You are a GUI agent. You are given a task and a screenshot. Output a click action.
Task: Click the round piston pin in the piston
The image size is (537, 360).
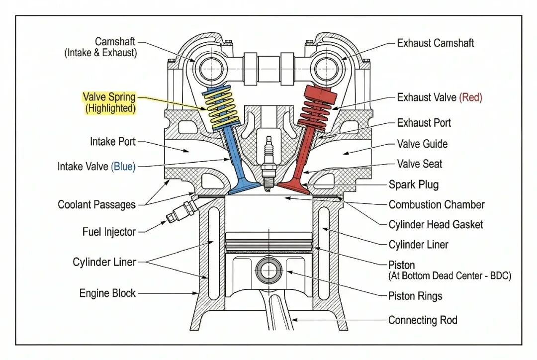point(269,270)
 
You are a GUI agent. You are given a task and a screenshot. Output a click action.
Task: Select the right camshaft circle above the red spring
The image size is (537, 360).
point(328,67)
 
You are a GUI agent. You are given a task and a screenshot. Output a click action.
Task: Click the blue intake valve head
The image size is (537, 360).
point(244,187)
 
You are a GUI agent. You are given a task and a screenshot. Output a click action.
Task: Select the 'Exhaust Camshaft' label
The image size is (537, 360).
point(436,43)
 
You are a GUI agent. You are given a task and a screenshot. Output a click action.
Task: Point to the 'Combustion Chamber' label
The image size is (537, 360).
point(437,204)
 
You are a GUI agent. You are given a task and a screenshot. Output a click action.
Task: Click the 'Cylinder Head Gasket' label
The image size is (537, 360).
point(436,224)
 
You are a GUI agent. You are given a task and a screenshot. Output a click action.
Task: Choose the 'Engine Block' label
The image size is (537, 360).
point(107,293)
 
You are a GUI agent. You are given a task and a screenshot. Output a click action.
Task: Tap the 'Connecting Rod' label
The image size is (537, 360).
point(423,320)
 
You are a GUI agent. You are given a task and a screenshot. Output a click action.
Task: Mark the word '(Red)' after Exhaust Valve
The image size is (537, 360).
point(470,97)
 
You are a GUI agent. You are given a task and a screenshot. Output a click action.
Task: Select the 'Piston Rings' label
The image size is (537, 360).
point(415,296)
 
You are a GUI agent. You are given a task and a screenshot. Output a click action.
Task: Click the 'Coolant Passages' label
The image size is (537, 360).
point(96,204)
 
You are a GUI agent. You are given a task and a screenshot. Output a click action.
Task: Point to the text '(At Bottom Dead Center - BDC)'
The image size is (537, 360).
point(449,275)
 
